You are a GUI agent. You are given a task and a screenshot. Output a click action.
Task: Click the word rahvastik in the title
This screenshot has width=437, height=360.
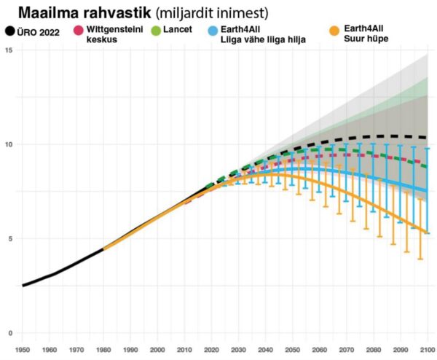point(114,13)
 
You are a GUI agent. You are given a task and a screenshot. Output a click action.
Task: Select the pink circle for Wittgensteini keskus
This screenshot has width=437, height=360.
point(78,31)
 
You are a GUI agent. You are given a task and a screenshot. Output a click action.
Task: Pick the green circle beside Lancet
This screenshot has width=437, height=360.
point(156,31)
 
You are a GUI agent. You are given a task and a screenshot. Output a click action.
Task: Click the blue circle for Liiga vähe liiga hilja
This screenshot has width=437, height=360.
point(211,31)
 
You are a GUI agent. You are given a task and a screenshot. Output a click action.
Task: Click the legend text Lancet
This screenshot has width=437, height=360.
point(178,30)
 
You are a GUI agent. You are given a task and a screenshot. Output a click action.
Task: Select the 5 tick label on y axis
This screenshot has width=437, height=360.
point(9,239)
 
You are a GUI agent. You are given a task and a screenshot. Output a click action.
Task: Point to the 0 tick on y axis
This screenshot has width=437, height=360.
point(9,334)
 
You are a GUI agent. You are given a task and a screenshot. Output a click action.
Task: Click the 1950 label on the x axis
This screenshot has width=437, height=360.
point(23,350)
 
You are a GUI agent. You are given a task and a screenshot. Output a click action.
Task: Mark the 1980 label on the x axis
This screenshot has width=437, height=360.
point(103,350)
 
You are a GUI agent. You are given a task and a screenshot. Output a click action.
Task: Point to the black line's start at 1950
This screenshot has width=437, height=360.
point(23,286)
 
